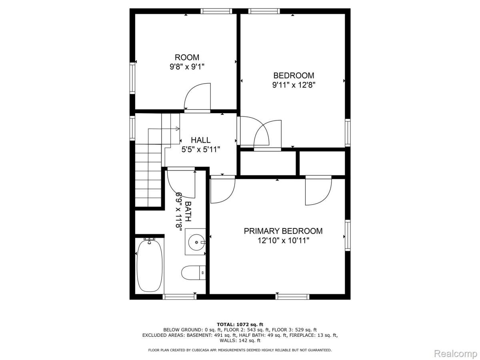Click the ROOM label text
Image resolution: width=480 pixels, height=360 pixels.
pos(187,58)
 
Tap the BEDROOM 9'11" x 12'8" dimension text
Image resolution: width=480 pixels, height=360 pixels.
pos(294,85)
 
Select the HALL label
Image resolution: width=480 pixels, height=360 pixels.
pos(200,140)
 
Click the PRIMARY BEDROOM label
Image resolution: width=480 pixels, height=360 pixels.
pos(283,231)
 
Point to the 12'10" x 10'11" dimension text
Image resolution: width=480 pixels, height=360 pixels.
pos(283,240)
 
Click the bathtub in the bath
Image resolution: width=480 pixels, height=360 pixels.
pos(150,265)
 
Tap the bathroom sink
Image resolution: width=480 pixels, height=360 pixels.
pos(196,242)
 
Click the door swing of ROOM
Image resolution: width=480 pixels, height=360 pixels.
pos(198,97)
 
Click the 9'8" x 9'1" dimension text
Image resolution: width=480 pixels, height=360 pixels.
pos(187,67)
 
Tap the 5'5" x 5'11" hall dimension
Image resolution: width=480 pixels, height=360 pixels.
pos(200,149)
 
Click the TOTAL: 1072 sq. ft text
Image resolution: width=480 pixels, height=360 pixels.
pos(240,324)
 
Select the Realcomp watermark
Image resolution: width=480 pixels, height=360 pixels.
pos(455,354)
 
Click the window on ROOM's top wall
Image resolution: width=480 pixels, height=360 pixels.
pos(216,11)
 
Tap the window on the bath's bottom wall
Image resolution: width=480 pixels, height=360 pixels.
pos(180,296)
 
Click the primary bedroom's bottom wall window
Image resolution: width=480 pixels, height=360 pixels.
pos(292,296)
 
